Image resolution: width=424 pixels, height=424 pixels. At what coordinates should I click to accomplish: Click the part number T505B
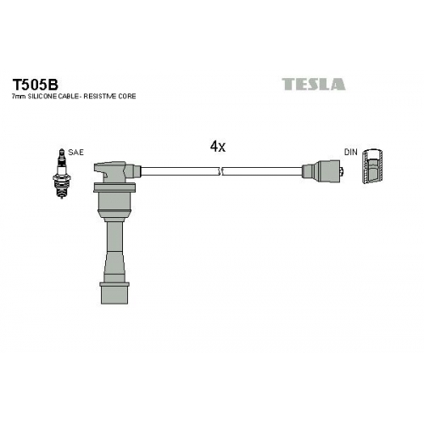pyautogui.click(x=35, y=84)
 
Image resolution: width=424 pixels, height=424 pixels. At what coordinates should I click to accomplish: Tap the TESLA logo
pyautogui.click(x=314, y=84)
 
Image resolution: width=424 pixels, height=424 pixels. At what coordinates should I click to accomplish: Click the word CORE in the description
pyautogui.click(x=127, y=97)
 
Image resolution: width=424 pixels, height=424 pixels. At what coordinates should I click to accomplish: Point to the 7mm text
pyautogui.click(x=19, y=97)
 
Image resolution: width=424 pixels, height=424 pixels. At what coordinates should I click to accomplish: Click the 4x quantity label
pyautogui.click(x=218, y=147)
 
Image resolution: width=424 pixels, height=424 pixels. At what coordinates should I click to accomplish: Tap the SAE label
pyautogui.click(x=75, y=153)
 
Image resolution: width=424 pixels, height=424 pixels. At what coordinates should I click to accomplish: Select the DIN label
pyautogui.click(x=350, y=152)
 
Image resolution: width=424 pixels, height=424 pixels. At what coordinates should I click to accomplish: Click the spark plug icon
pyautogui.click(x=62, y=173)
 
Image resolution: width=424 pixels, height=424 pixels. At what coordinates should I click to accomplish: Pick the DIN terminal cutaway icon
pyautogui.click(x=373, y=166)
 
